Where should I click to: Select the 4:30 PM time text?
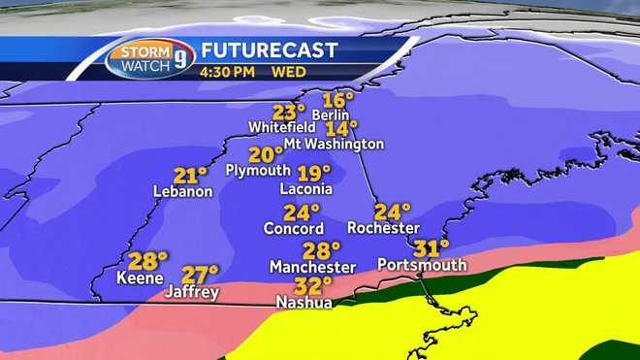click(x=227, y=71)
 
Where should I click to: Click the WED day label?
click(x=281, y=71)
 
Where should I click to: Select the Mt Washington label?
click(x=334, y=144)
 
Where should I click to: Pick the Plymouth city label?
click(x=257, y=170)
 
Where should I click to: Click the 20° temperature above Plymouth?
click(x=265, y=154)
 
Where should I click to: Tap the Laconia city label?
click(x=305, y=188)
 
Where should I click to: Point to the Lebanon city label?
click(x=182, y=191)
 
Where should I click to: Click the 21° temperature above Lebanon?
click(x=190, y=175)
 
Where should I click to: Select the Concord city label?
click(x=294, y=229)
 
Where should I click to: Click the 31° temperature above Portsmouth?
click(x=432, y=246)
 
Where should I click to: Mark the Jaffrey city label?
click(x=192, y=291)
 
